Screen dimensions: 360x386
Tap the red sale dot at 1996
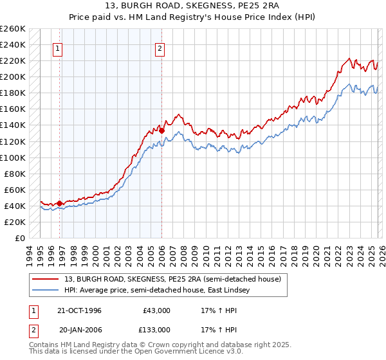coord(60,203)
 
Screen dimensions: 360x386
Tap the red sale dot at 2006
coord(161,130)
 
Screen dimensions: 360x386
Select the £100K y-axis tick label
coord(13,157)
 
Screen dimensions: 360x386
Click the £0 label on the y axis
coord(21,238)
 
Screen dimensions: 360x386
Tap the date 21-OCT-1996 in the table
coord(80,310)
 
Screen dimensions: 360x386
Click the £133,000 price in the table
coord(154,329)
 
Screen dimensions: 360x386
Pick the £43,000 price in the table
coord(156,310)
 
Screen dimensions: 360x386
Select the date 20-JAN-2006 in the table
coord(80,329)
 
